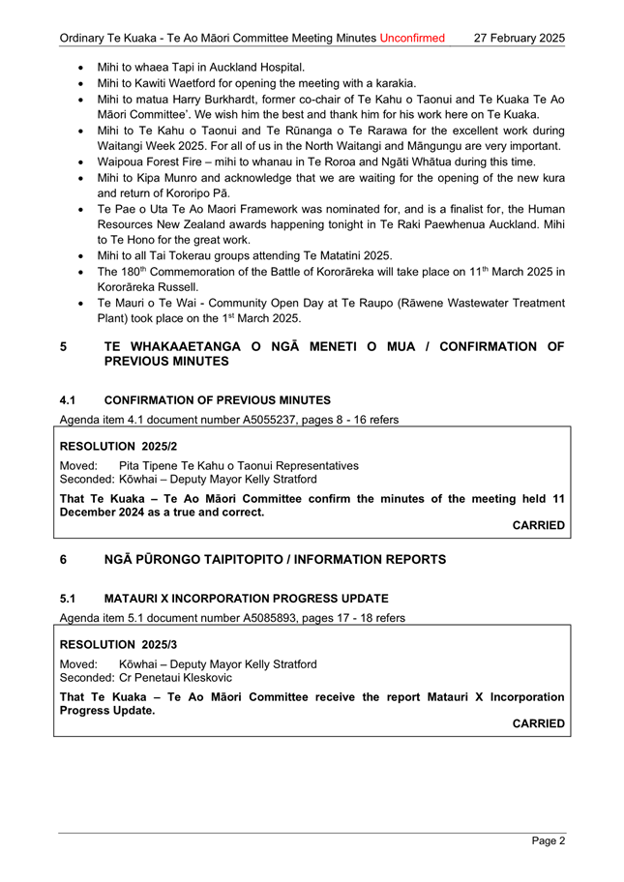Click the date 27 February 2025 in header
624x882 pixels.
pos(520,39)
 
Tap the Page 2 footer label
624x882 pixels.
pos(548,840)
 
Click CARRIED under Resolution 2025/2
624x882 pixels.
pos(538,525)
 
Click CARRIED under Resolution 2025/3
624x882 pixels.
pos(538,722)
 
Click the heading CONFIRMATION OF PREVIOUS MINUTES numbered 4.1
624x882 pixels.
pos(217,400)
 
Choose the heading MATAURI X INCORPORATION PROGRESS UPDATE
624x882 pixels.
pos(246,598)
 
